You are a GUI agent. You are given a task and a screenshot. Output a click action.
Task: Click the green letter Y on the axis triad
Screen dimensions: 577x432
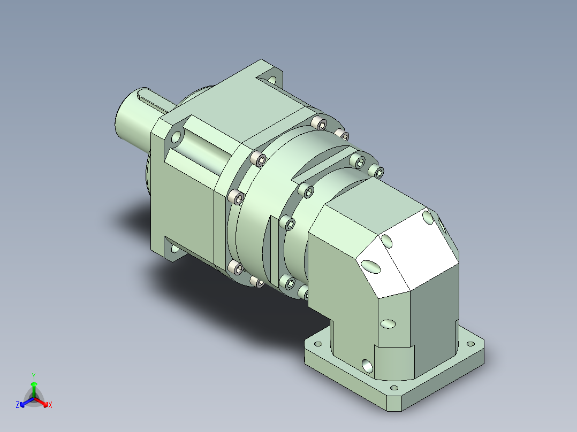pyautogui.click(x=34, y=376)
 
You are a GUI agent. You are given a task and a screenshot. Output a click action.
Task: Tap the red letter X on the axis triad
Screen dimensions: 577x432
pyautogui.click(x=50, y=405)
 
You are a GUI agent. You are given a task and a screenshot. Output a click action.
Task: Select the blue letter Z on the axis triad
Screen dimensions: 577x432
pyautogui.click(x=18, y=404)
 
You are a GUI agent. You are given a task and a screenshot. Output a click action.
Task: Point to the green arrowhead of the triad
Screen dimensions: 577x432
pyautogui.click(x=34, y=384)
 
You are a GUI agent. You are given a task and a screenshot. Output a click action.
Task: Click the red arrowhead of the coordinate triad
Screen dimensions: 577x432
pyautogui.click(x=45, y=404)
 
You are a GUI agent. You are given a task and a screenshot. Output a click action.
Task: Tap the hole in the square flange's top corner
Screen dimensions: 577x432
pyautogui.click(x=272, y=79)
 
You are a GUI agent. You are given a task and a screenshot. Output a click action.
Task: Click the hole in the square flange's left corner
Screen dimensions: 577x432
pyautogui.click(x=177, y=137)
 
